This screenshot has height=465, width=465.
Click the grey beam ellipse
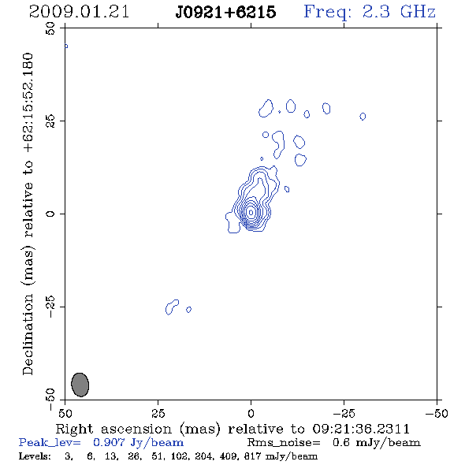click(x=80, y=385)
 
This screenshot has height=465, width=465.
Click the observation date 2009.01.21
click(x=79, y=12)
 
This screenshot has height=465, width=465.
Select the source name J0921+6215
click(x=225, y=12)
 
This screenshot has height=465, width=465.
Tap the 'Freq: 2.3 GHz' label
click(x=370, y=12)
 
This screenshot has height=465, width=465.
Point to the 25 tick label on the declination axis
click(x=50, y=121)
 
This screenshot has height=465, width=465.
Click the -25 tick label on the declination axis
click(x=50, y=307)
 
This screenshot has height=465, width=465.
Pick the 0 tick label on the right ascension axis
click(x=251, y=413)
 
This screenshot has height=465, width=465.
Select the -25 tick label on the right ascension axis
click(x=344, y=413)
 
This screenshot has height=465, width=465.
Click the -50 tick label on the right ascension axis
click(x=437, y=413)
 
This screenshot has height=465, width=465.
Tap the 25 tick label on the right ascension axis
click(x=158, y=413)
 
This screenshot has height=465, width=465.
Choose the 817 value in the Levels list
click(x=251, y=456)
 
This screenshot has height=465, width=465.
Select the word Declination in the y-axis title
click(x=28, y=334)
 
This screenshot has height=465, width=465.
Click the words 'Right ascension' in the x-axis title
click(x=113, y=429)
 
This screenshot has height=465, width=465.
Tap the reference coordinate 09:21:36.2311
click(x=361, y=429)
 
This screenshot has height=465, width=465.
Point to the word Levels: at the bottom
click(x=35, y=456)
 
